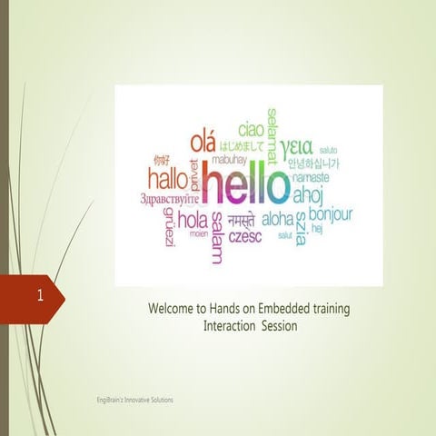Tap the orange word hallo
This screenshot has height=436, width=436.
pos(169,177)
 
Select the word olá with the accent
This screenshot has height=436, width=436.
pos(204,142)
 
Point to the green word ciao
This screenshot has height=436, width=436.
pos(252,129)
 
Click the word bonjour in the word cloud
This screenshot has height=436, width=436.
pos(331,214)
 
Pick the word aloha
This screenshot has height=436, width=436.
pos(278,219)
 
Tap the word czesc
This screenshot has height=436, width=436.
pos(245,237)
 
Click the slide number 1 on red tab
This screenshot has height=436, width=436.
pos(41,296)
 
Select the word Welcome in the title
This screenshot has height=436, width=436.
pos(174,309)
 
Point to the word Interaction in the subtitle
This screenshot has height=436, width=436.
pos(231,325)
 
